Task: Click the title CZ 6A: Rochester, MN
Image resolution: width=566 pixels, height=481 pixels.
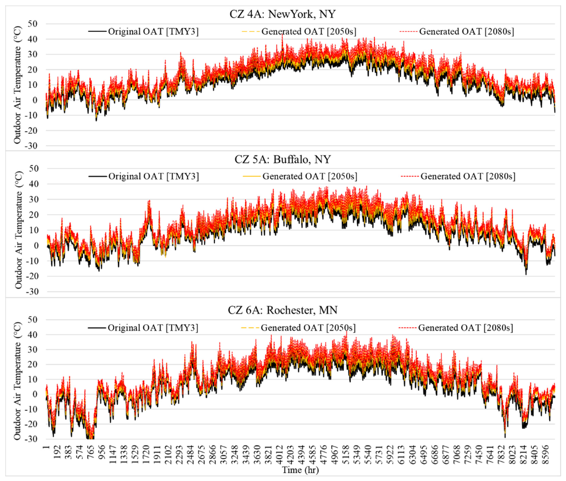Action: [x=282, y=310]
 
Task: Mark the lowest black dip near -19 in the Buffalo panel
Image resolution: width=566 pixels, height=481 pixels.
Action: [x=526, y=274]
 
